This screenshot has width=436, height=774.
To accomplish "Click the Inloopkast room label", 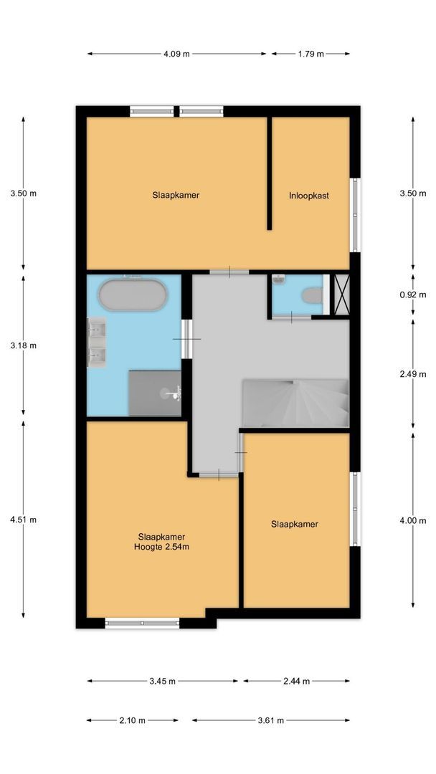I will (309, 195).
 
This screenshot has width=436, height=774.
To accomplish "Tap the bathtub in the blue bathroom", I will (132, 295).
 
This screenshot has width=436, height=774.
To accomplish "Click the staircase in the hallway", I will (295, 403).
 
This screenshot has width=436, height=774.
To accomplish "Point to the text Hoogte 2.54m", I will (161, 547).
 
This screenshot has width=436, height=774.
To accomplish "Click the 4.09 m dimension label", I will (176, 54).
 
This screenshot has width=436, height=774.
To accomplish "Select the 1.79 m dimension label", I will (311, 54).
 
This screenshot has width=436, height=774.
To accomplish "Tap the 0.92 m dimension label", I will (412, 294).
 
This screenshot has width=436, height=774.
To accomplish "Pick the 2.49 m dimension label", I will (412, 373).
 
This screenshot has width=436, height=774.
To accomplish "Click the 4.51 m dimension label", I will (23, 520).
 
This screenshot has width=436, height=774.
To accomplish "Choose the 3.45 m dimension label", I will (162, 682).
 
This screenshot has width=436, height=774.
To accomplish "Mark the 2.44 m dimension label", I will (296, 682).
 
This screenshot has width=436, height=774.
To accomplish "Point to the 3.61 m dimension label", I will (270, 720).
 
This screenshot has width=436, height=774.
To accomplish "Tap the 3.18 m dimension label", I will (23, 345).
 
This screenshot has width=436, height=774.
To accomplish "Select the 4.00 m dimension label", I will (412, 520).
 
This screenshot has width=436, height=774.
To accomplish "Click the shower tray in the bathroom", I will (154, 392).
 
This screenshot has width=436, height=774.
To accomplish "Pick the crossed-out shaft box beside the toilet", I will (339, 294).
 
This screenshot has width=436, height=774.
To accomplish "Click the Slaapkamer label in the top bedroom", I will (176, 195).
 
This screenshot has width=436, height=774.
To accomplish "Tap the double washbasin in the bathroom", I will (98, 343).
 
